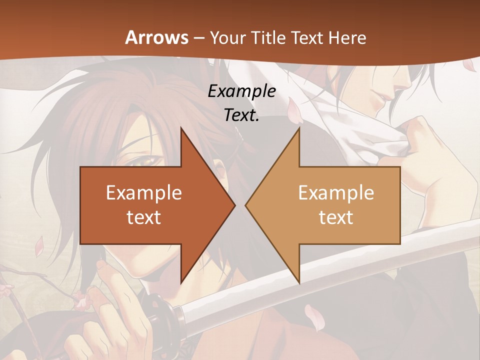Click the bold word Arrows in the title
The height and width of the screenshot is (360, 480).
157,37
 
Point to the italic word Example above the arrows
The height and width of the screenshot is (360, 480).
241,91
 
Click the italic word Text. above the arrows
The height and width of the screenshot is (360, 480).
241,115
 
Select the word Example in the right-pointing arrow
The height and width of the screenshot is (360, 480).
144,192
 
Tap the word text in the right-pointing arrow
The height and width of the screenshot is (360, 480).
144,217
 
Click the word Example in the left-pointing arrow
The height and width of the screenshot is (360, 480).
336,192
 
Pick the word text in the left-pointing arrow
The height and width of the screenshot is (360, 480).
336,217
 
